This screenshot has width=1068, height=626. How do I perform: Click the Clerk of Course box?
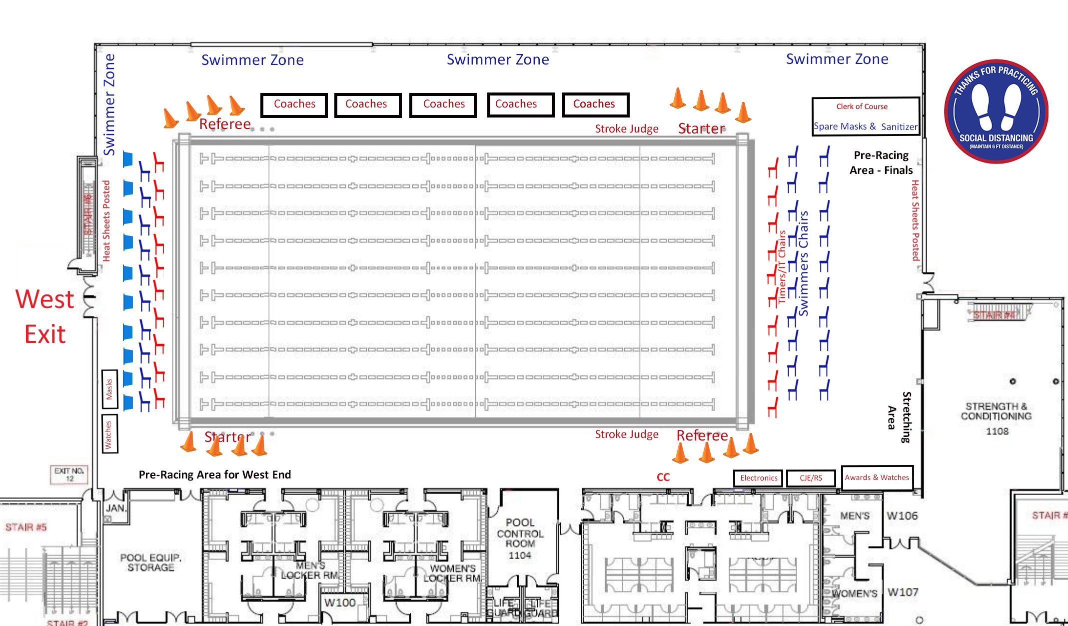(865, 115)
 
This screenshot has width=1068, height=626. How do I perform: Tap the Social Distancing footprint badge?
(996, 111)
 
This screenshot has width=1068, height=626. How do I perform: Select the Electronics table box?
(759, 478)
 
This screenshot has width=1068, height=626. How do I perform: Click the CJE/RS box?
(811, 478)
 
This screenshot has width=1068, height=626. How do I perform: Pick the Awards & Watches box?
(877, 477)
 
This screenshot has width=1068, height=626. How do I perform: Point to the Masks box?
(109, 388)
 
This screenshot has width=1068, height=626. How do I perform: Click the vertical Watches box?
(109, 434)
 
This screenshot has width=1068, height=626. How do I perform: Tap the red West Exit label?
(45, 316)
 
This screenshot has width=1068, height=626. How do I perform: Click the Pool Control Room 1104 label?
(520, 538)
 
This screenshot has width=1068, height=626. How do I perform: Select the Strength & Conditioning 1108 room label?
(996, 418)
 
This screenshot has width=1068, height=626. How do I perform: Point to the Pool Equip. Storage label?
(150, 562)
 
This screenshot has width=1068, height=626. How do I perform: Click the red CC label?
(663, 477)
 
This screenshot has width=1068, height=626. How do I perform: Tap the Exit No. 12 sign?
(69, 474)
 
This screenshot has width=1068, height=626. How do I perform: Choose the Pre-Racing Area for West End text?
(214, 474)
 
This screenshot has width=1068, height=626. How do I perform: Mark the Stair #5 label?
(26, 527)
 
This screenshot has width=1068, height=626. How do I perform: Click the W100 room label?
(340, 602)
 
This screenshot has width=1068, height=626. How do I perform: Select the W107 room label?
(903, 592)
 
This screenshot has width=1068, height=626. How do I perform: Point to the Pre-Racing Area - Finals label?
(881, 162)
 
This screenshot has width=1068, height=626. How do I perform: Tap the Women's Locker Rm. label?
(452, 573)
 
